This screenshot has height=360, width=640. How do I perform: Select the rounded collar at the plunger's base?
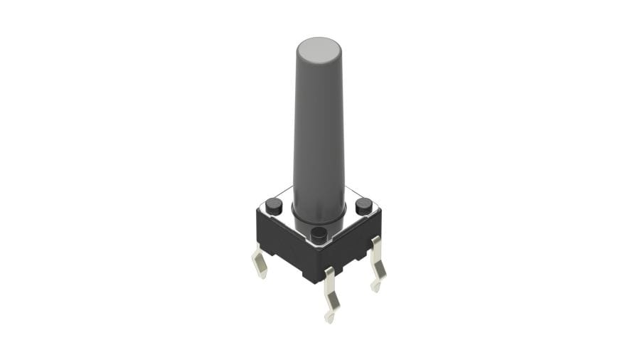tap(319, 213)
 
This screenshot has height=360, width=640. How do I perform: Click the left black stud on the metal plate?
tap(274, 206)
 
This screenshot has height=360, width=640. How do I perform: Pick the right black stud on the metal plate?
tap(363, 206)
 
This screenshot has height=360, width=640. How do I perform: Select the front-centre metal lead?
tap(330, 292)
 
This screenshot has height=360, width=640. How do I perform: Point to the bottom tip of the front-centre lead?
tap(329, 318)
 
